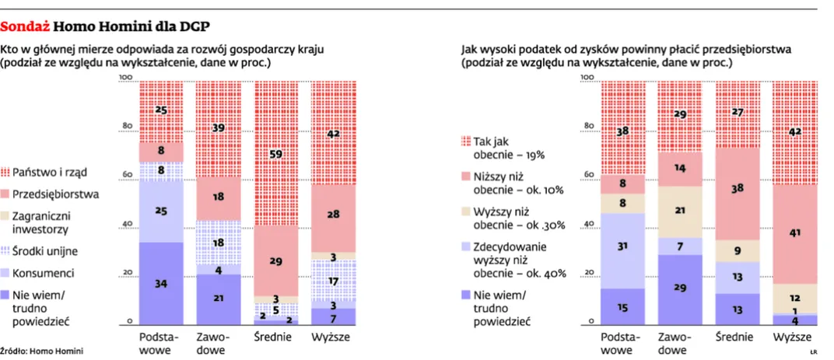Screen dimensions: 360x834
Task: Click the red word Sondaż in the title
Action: pyautogui.click(x=26, y=26)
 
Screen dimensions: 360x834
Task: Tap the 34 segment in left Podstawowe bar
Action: pyautogui.click(x=161, y=284)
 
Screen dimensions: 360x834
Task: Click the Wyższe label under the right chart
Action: pyautogui.click(x=794, y=338)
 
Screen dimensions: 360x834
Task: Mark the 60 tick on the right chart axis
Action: pyautogui.click(x=588, y=175)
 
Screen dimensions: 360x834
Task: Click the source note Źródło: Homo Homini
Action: pyautogui.click(x=41, y=351)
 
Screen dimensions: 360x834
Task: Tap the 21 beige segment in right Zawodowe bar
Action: pyautogui.click(x=680, y=211)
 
